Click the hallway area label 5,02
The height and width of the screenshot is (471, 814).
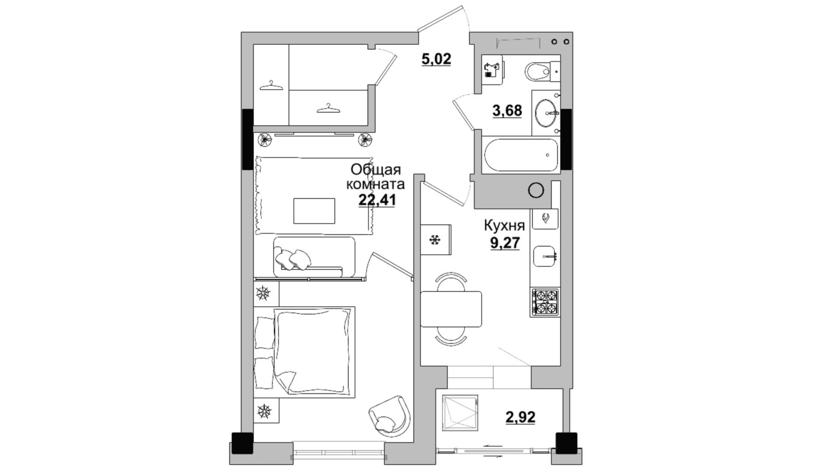(x=436, y=59)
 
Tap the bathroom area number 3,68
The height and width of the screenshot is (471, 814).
(x=507, y=110)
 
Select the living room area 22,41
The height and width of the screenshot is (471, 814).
(x=377, y=199)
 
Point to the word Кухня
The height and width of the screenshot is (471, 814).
(x=504, y=226)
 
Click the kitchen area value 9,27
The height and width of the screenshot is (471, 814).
(x=505, y=243)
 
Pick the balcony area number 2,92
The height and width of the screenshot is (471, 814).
(x=520, y=417)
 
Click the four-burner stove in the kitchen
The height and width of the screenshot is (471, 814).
(x=545, y=302)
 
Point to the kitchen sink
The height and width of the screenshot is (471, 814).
(x=544, y=256)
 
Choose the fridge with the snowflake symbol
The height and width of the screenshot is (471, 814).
(x=436, y=239)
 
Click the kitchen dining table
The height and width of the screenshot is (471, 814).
(x=451, y=309)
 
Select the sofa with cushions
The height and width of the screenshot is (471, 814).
(x=314, y=257)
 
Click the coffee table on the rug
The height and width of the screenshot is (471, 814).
(x=314, y=211)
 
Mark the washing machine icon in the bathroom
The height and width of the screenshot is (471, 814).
(x=492, y=70)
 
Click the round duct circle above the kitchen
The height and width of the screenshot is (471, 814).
(x=536, y=190)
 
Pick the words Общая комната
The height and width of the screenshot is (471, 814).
(x=376, y=177)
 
